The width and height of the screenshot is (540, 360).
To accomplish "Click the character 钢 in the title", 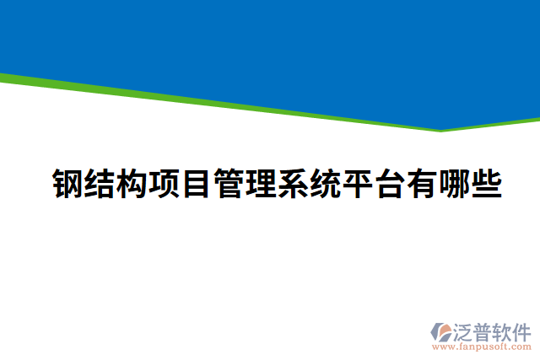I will (68, 183).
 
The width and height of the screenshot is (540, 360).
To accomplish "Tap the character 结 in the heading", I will (100, 183).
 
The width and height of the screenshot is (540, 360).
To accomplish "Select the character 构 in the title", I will (132, 183).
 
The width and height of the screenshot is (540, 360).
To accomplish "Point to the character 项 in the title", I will (165, 183).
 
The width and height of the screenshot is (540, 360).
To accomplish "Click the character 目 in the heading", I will (197, 183).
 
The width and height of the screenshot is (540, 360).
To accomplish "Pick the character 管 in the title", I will (229, 183).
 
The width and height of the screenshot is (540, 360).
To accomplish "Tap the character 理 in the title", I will (261, 183).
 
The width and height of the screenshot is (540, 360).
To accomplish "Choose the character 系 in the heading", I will (293, 183).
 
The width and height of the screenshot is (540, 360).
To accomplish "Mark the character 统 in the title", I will (325, 183).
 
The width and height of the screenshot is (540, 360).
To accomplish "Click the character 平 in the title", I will (357, 183).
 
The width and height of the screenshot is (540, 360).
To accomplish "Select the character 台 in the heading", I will (389, 183).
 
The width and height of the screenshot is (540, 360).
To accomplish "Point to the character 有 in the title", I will (421, 183).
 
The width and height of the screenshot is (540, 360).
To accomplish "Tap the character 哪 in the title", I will (453, 183).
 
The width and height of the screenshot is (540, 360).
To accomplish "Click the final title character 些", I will (485, 183).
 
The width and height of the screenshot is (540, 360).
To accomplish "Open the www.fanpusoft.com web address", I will (481, 346).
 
